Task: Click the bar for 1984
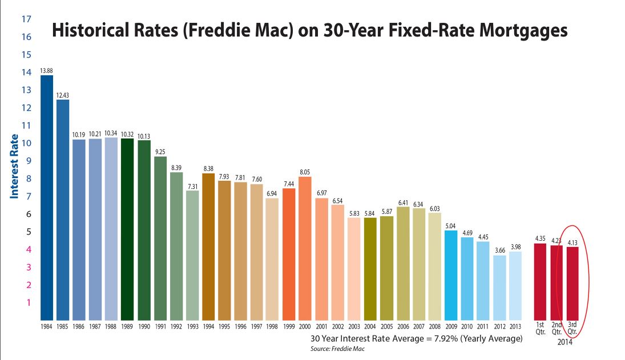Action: click(x=46, y=197)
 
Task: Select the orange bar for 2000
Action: click(x=305, y=248)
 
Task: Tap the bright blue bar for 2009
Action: click(x=451, y=275)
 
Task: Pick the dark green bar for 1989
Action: click(x=127, y=229)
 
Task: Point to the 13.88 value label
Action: click(x=46, y=71)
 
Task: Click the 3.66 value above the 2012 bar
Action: click(x=499, y=250)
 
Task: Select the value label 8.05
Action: click(x=305, y=172)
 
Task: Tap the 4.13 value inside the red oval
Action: click(x=572, y=242)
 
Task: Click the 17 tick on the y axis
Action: click(x=26, y=19)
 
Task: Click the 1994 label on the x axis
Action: click(x=208, y=326)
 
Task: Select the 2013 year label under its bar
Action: click(x=515, y=326)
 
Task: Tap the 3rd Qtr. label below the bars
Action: click(x=572, y=329)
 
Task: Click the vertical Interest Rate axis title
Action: click(x=15, y=166)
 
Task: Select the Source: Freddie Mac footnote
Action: click(x=337, y=348)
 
